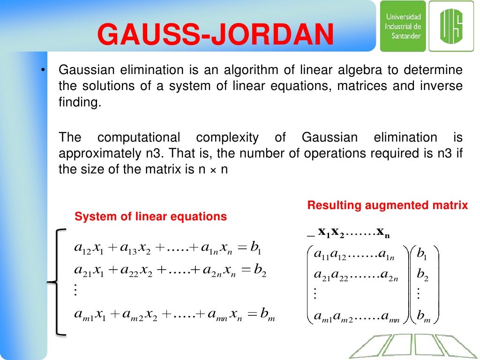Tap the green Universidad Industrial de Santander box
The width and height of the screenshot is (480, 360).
[403, 26]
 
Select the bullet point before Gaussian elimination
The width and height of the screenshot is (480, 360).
[42, 71]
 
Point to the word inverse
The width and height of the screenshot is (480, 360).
[444, 87]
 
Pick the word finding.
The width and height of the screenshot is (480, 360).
[80, 103]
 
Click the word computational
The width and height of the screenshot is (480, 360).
[139, 138]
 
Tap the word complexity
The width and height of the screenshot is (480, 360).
[227, 138]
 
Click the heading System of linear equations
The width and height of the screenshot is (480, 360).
[151, 217]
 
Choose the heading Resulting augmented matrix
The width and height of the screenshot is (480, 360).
[388, 205]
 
